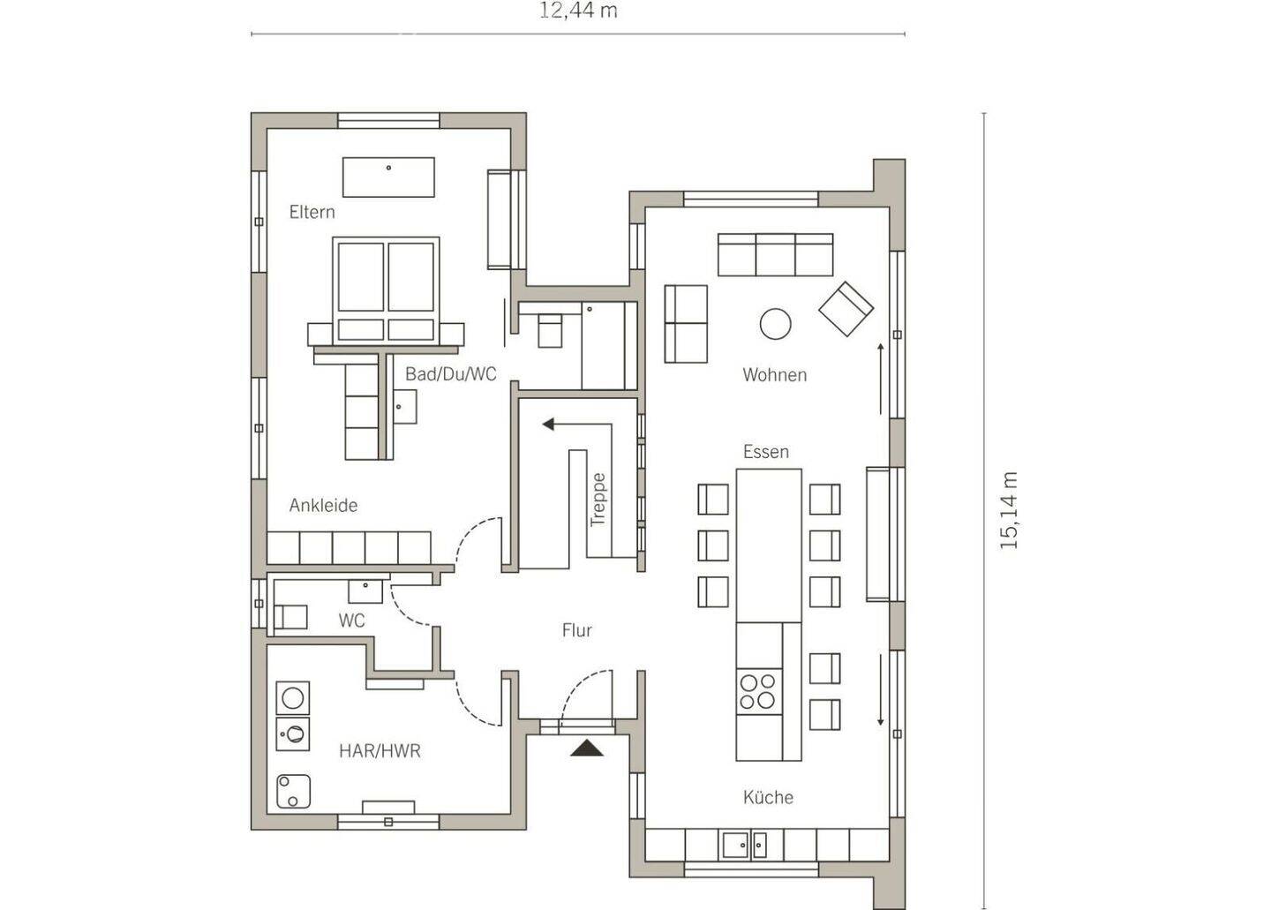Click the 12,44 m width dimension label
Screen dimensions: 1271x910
pos(578,11)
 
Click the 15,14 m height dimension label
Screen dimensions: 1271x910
pos(1009,510)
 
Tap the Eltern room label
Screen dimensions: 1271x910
pos(312,212)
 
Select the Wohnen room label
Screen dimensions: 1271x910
pos(775,375)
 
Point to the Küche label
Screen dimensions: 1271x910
pos(768,798)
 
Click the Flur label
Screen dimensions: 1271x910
pos(577,630)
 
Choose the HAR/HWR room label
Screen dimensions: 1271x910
pos(380,751)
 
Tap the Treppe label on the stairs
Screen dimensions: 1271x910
pos(598,500)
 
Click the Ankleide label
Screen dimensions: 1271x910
pos(323,506)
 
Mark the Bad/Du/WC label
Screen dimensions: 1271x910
pos(450,374)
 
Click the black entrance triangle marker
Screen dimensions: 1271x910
pos(587,748)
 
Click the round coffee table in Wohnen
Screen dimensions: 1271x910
pos(775,324)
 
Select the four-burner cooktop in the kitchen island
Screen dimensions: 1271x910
pos(759,691)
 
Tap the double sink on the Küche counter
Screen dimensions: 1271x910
pos(744,846)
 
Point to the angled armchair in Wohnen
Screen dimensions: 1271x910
pos(846,309)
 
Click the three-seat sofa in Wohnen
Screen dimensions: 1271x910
pos(776,255)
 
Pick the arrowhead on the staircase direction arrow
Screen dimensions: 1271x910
pos(547,425)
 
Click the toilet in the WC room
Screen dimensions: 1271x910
pos(291,617)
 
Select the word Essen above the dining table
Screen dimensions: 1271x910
pos(766,452)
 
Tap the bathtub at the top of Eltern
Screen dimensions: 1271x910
pos(388,177)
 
